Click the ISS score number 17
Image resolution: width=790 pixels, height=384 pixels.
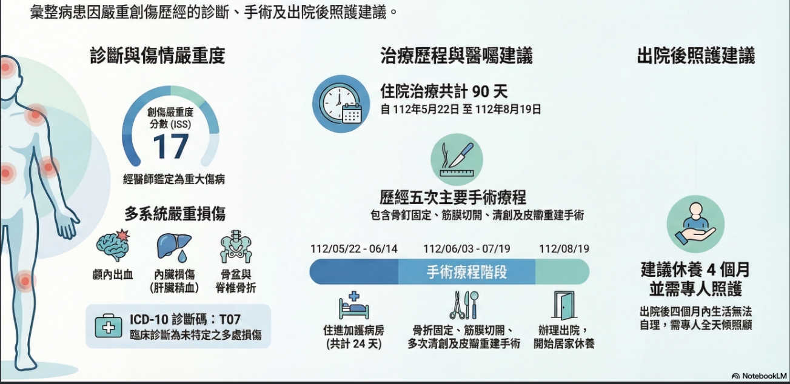(171, 147)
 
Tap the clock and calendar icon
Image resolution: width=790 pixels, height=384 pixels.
(341, 104)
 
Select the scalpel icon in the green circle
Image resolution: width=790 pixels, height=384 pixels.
(457, 159)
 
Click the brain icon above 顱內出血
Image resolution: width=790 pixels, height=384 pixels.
(113, 245)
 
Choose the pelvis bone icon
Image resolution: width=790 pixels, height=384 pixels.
(236, 247)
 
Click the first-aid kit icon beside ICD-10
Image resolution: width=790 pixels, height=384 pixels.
(109, 326)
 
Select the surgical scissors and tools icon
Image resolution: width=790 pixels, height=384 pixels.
(464, 305)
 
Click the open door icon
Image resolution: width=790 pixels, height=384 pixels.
(564, 305)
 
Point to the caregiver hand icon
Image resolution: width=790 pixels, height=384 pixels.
(695, 224)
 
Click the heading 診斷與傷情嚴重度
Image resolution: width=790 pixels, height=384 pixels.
(158, 56)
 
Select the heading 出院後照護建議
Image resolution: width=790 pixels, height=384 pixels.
(696, 56)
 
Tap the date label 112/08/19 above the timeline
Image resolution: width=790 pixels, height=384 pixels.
(564, 249)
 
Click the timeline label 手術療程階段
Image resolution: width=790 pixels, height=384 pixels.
(467, 272)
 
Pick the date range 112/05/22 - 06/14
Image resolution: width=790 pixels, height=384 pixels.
(353, 249)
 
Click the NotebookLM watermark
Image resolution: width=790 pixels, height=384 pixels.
(760, 376)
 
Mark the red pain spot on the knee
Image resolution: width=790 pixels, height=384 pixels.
(25, 281)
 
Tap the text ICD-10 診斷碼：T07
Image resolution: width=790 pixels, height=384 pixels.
(185, 319)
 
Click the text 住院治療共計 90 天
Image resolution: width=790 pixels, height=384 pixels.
(444, 91)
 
